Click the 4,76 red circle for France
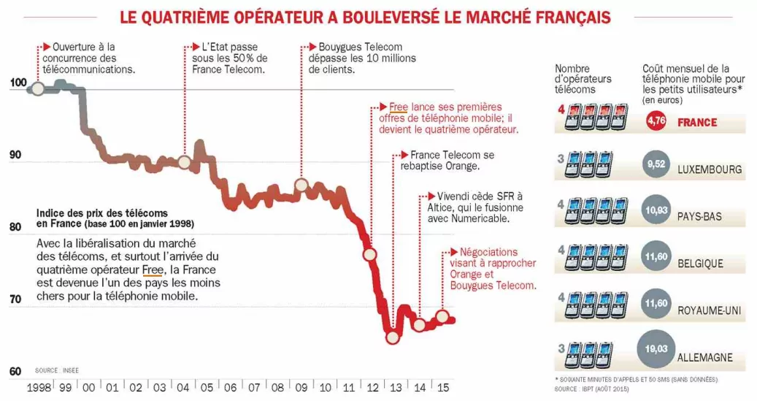point(656,122)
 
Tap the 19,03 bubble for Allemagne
point(656,349)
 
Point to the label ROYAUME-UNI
point(710,311)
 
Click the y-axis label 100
point(17,83)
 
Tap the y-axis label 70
point(15,299)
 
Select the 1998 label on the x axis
point(39,387)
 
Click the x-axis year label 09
point(301,387)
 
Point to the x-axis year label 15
point(442,387)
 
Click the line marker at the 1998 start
point(36,89)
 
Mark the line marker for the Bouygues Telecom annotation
point(301,185)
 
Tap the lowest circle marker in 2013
point(393,337)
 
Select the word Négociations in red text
point(488,251)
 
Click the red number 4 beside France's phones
point(559,110)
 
